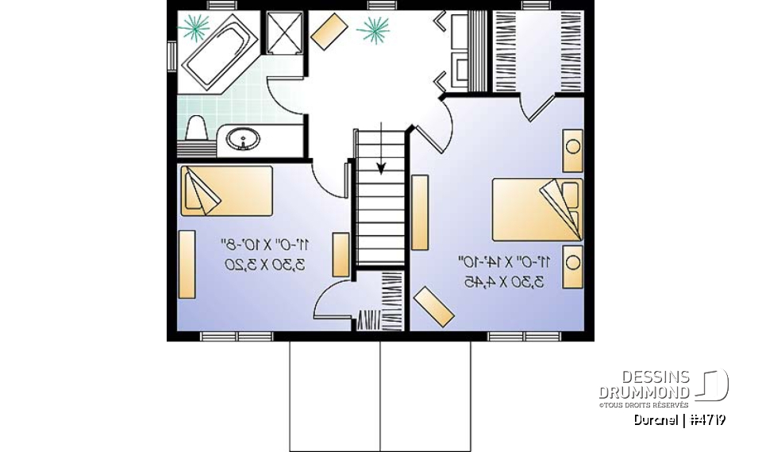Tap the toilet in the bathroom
coord(195,128)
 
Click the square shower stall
coord(279,33)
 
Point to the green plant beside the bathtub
coord(193,28)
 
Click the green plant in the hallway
coord(372,31)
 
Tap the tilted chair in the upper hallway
coord(329,32)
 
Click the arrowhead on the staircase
coord(381,168)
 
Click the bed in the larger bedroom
coord(537,208)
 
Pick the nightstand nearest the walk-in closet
coord(572,149)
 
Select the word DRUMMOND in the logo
coord(645,392)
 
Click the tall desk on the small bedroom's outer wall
coord(187,264)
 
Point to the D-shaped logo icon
coord(712,385)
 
